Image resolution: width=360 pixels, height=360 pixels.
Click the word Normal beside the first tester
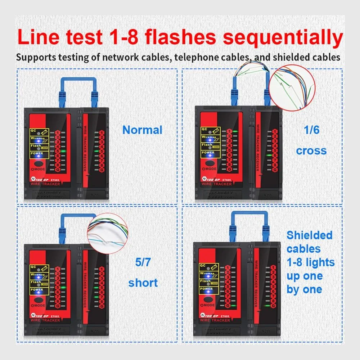click(x=143, y=130)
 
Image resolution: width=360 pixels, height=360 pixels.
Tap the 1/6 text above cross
click(x=311, y=129)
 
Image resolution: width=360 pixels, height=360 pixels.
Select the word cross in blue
click(x=311, y=150)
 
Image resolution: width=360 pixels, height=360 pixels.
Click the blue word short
click(x=143, y=283)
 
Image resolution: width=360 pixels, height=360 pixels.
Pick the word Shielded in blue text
click(x=309, y=235)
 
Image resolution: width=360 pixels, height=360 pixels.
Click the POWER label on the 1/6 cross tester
click(x=208, y=153)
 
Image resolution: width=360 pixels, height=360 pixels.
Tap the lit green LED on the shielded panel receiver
click(x=267, y=306)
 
